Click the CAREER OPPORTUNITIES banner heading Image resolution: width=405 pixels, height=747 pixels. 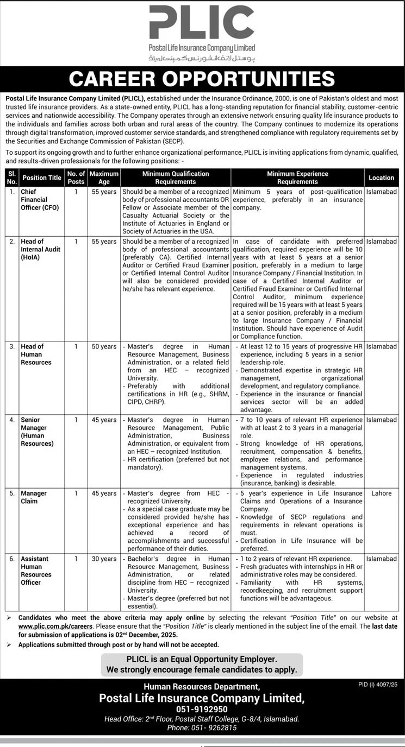202,79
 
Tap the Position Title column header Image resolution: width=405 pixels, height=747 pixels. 42,178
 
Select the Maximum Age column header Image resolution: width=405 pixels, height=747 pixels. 104,178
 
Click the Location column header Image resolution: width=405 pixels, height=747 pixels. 381,178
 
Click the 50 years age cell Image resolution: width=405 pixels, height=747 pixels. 104,346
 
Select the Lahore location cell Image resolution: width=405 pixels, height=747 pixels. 381,493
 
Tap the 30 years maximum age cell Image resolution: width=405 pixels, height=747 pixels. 104,559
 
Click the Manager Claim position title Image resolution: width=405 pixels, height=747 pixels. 34,497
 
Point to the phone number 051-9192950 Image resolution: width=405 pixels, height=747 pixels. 202,709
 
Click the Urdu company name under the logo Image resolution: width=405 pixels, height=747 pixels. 202,58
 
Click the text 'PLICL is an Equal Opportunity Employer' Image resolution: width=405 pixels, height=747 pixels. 202,659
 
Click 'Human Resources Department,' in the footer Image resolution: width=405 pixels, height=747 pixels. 202,687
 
